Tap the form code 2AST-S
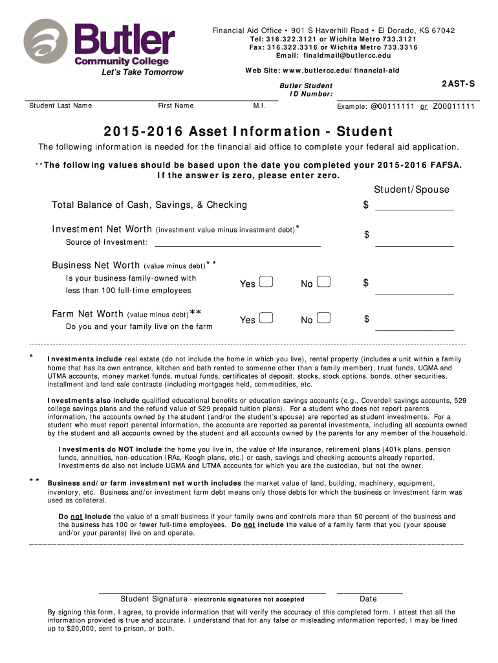click(x=458, y=84)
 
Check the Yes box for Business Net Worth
click(x=265, y=282)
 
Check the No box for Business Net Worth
click(x=324, y=282)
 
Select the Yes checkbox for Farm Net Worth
click(x=265, y=319)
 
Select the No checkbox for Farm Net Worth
click(x=324, y=319)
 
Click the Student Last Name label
click(x=61, y=106)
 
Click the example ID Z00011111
click(x=454, y=106)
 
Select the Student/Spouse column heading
click(x=411, y=190)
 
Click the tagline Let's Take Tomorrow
click(x=142, y=73)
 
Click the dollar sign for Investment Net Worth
click(x=366, y=235)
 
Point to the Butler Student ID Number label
click(x=306, y=90)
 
